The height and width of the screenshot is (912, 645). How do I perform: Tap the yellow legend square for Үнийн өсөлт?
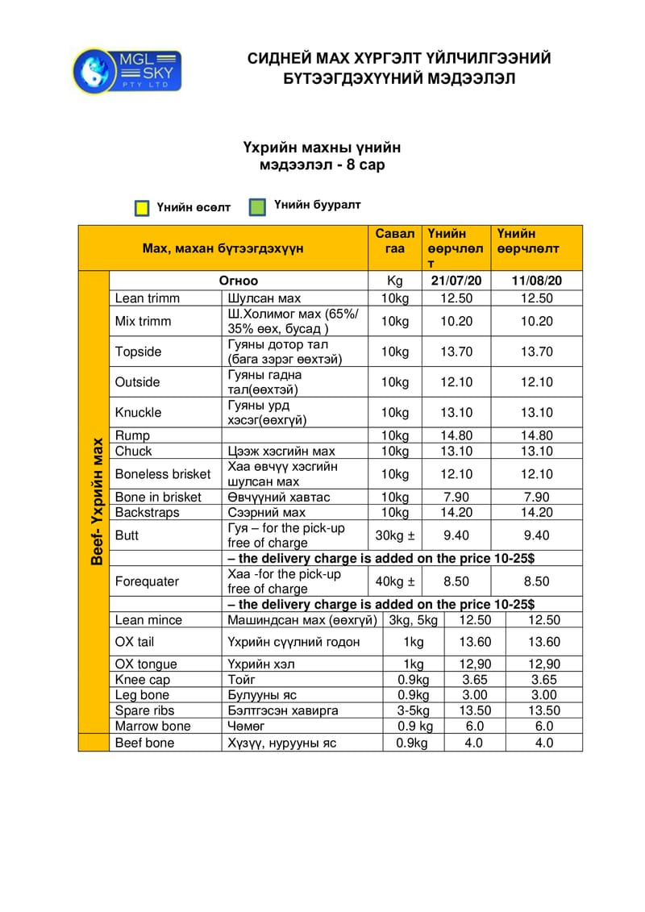point(142,208)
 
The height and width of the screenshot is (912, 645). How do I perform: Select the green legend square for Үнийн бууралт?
point(258,206)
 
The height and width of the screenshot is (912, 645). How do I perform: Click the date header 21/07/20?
point(456,281)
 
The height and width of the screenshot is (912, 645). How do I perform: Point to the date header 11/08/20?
point(536,281)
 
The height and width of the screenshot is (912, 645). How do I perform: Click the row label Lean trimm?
point(148,298)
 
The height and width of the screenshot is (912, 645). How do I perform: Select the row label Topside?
point(138,352)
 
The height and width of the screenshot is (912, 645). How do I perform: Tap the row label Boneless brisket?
point(163,474)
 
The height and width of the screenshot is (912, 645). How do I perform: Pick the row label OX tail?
point(135,642)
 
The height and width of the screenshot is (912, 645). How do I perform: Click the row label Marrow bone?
point(153,726)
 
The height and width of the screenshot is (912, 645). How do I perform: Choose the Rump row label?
point(132,436)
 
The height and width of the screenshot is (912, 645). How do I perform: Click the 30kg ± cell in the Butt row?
point(395,535)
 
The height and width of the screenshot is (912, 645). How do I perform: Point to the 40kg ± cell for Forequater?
point(395,581)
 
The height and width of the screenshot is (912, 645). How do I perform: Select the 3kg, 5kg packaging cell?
point(413,620)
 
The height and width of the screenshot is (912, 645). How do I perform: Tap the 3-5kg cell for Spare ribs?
point(413,710)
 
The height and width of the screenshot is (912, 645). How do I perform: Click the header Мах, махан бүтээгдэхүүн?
point(223,248)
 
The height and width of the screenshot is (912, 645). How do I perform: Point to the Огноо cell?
point(239,281)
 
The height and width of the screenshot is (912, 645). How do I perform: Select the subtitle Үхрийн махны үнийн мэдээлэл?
point(322,156)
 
